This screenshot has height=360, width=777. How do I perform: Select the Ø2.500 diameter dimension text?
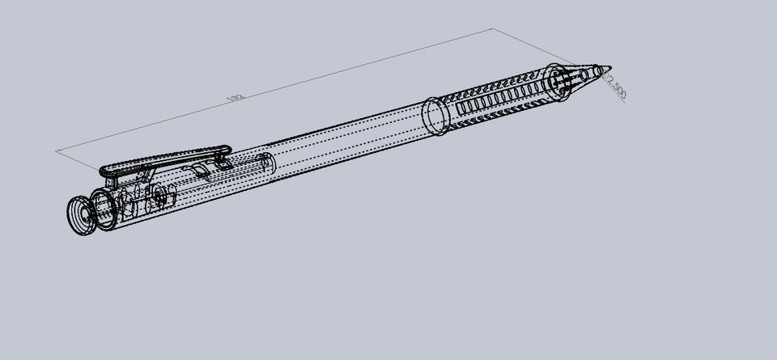pyautogui.click(x=618, y=87)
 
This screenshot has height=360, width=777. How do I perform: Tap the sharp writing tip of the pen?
pyautogui.click(x=609, y=68)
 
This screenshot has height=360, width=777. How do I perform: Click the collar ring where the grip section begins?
pyautogui.click(x=435, y=116)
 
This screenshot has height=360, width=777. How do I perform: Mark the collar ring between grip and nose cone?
pyautogui.click(x=556, y=83)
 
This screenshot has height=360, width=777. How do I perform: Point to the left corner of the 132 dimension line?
pyautogui.click(x=57, y=150)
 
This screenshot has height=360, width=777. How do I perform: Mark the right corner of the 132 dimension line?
pyautogui.click(x=492, y=30)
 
